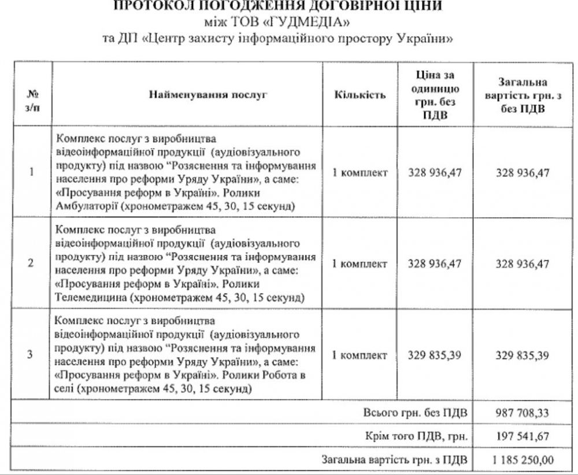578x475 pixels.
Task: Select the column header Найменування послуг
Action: [208, 94]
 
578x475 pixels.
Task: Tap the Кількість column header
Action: [360, 94]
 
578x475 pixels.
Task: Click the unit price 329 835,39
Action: [435, 354]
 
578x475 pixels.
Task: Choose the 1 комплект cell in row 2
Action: [360, 263]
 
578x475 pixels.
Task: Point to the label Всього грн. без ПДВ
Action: [416, 413]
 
